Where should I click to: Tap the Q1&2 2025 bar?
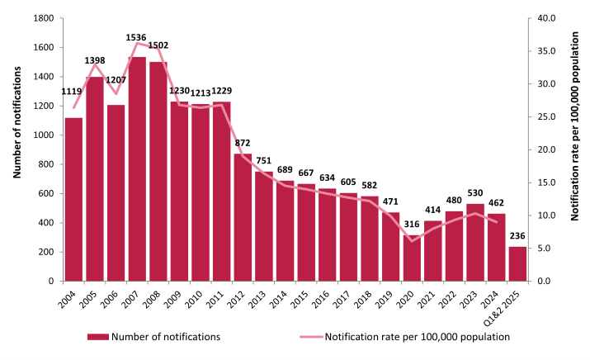pos(517,264)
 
